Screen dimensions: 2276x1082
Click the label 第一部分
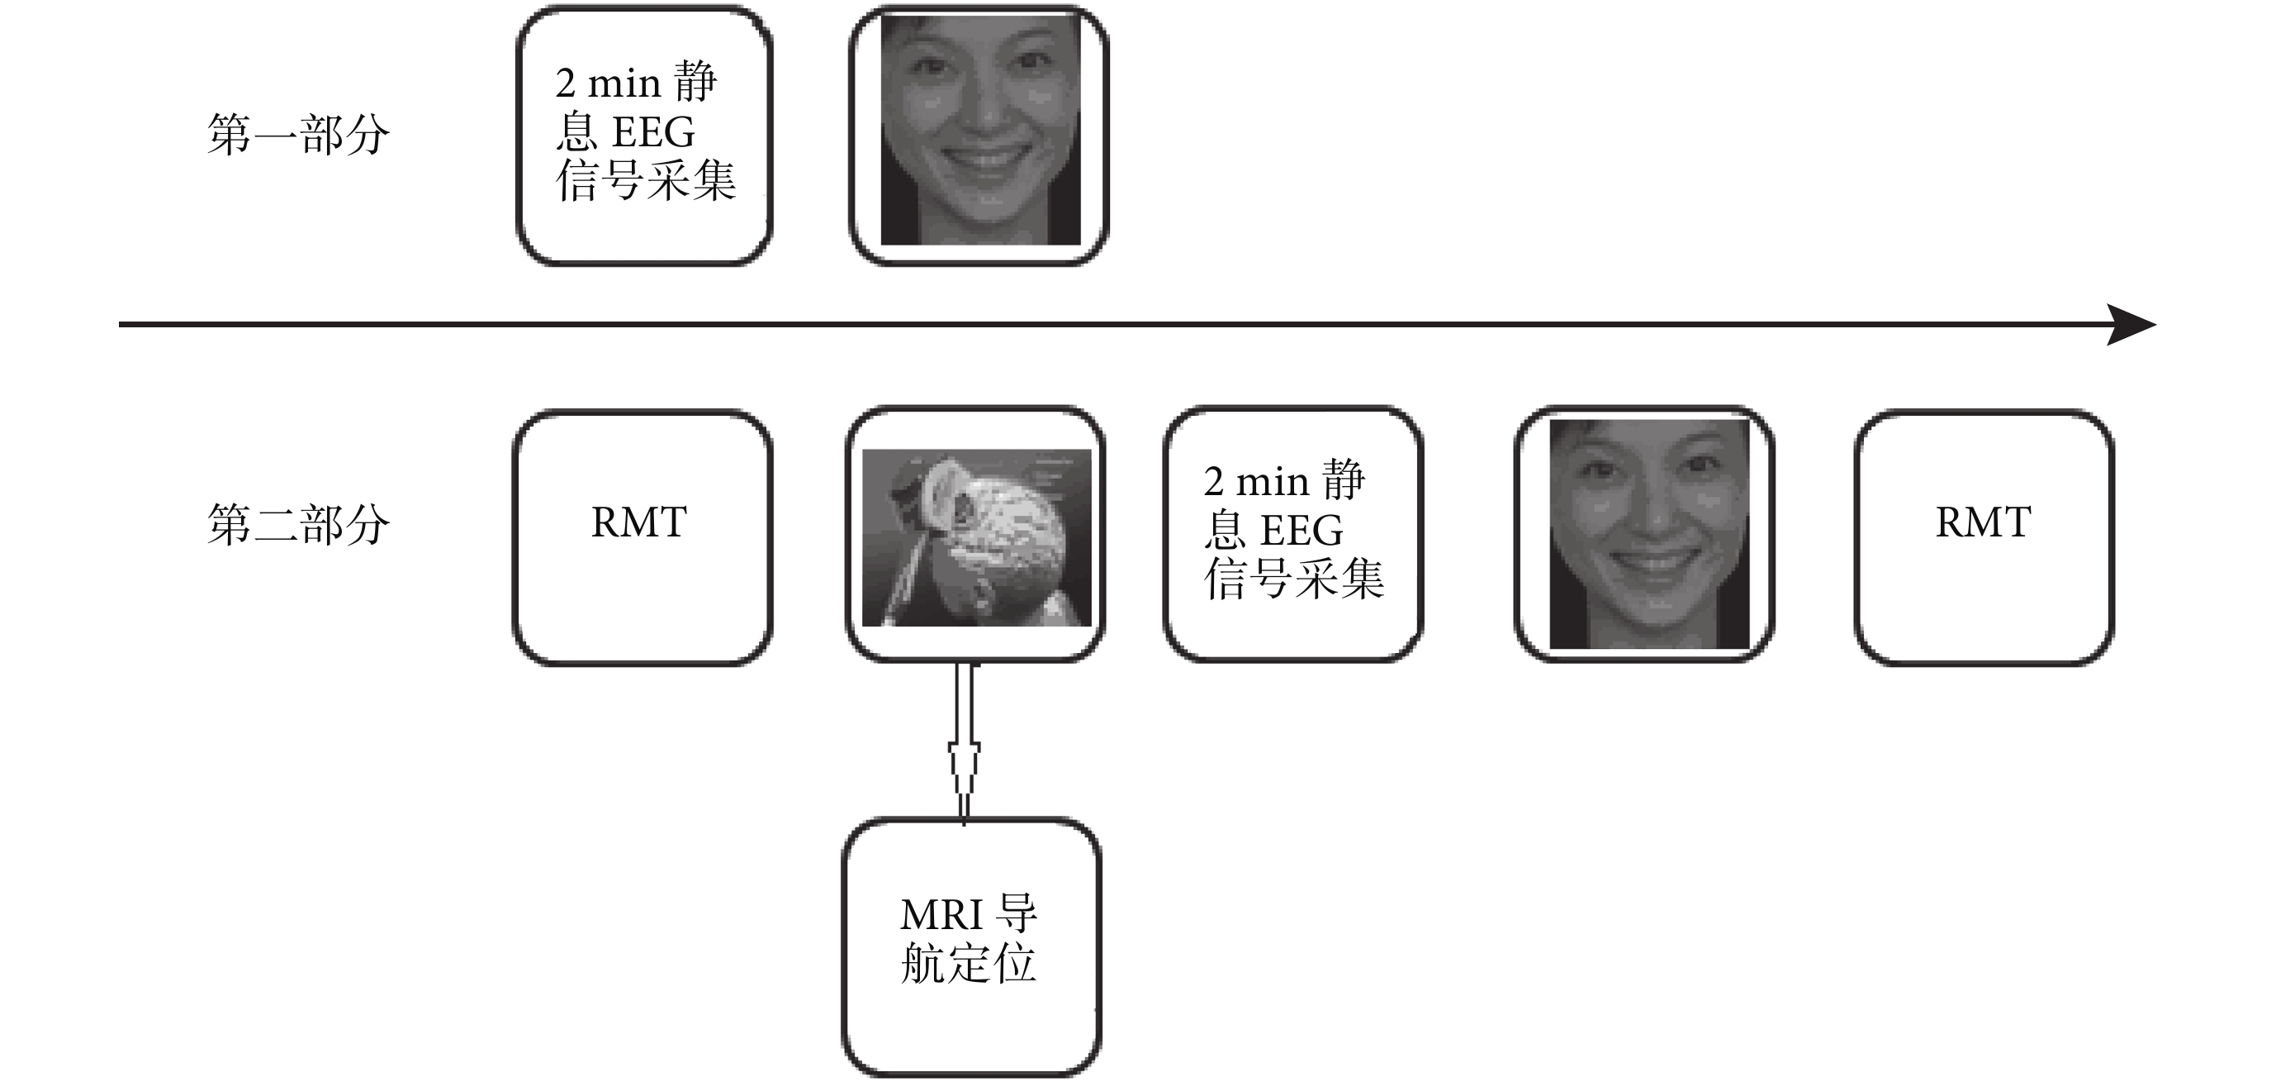pos(298,136)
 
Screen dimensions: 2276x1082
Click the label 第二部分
pos(298,524)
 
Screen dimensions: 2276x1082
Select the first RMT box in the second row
pos(642,537)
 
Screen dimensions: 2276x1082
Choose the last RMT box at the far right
pos(1984,537)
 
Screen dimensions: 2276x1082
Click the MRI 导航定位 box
pos(972,946)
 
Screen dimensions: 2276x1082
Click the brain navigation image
pos(976,537)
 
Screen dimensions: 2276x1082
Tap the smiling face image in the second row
pos(1648,534)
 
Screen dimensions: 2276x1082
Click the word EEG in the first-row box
pos(654,132)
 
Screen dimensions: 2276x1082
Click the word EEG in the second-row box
pos(1302,531)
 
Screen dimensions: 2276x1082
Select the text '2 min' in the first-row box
pos(609,84)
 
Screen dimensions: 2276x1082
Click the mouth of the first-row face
pos(981,162)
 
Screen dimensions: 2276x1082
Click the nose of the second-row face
pos(1648,512)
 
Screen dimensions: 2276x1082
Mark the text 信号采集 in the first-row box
pos(646,180)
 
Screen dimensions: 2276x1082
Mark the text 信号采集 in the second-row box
pos(1293,579)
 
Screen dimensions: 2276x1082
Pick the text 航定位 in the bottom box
pos(968,963)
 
